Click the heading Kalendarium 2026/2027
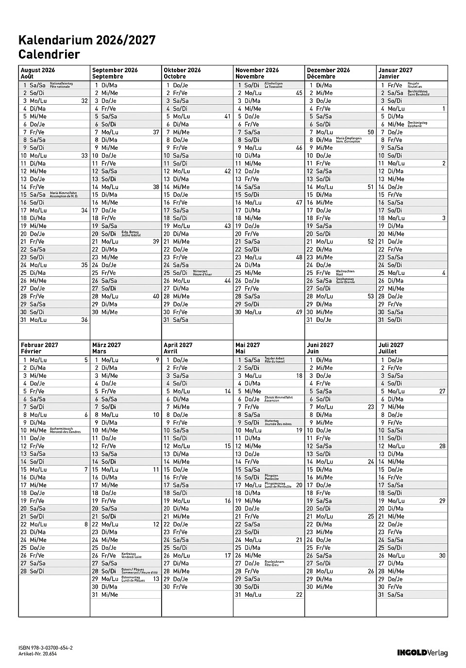coord(87,40)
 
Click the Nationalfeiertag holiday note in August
coord(61,85)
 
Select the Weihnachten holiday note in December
coord(345,272)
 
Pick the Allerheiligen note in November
coord(273,85)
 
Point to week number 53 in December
coord(371,296)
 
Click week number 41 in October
coord(228,116)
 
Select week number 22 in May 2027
coord(299,594)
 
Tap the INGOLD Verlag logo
coord(422,653)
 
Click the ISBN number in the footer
coord(46,648)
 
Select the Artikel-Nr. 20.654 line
coord(38,654)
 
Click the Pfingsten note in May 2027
coord(272,477)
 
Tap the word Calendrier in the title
coord(49,54)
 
